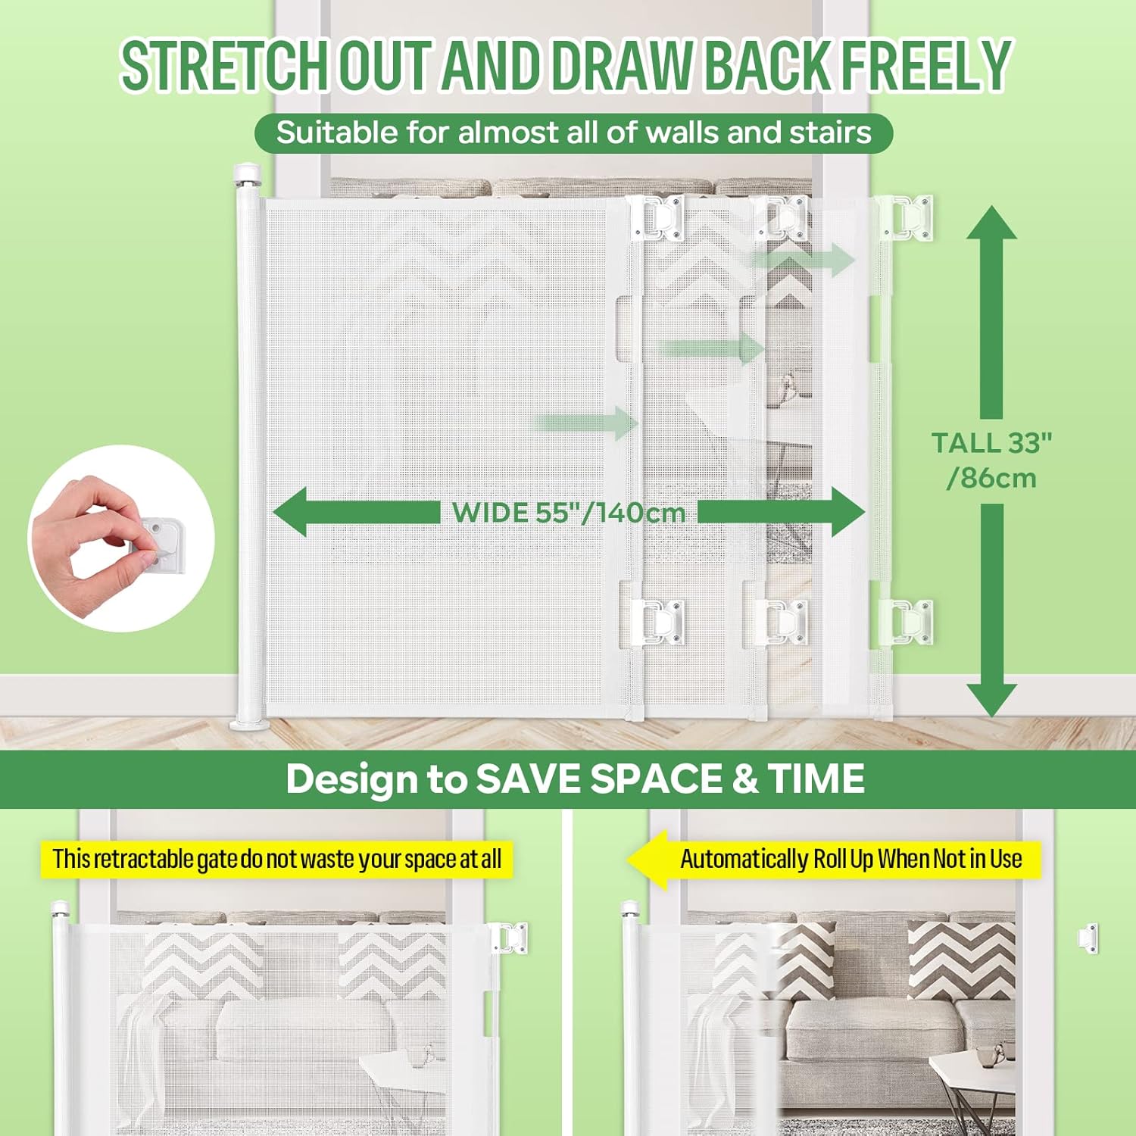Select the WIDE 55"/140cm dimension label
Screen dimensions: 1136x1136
point(568,513)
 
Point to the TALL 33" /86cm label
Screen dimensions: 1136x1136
point(991,460)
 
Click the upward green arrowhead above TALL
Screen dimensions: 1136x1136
point(991,223)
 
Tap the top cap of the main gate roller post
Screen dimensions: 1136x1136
point(248,173)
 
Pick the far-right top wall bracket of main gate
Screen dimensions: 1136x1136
point(909,217)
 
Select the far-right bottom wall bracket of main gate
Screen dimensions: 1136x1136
point(909,621)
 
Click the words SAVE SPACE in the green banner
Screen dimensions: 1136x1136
point(598,779)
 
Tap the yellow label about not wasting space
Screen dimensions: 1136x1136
point(276,860)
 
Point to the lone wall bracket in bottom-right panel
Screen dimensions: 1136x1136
point(1088,939)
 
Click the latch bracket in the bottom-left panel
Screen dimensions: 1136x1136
point(510,938)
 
